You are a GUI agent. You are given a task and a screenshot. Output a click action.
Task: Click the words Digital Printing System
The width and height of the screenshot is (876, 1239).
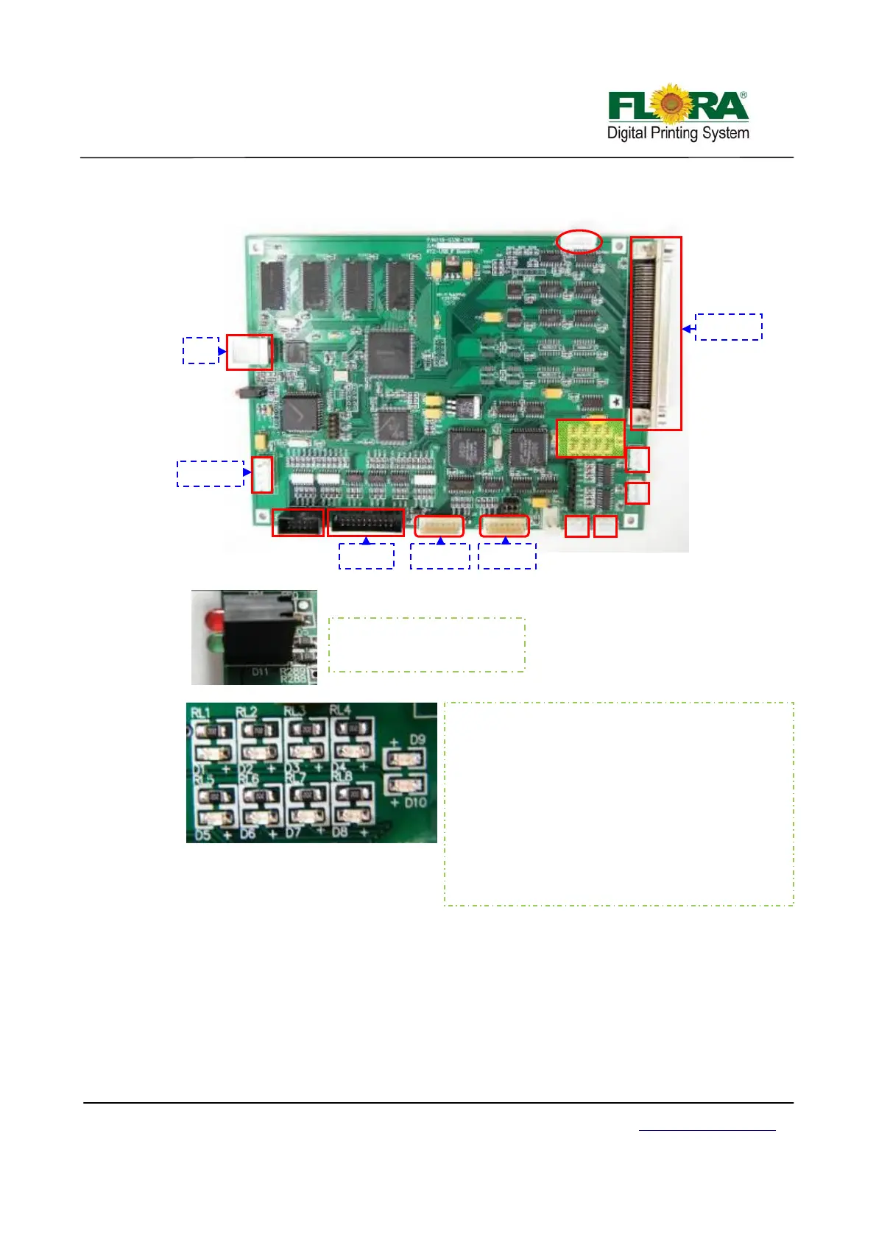[677, 133]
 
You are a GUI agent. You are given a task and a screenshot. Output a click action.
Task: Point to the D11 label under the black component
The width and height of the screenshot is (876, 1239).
[260, 672]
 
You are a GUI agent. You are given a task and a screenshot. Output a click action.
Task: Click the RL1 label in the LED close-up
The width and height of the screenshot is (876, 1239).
[201, 712]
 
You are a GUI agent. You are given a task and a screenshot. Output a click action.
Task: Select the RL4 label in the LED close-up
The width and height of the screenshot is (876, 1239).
[340, 710]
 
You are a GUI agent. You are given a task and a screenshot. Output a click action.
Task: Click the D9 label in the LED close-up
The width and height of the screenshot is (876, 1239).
[417, 739]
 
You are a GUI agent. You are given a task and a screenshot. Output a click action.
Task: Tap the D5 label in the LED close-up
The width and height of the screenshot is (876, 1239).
[202, 834]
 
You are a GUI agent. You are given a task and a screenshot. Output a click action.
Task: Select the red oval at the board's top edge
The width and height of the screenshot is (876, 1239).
[579, 241]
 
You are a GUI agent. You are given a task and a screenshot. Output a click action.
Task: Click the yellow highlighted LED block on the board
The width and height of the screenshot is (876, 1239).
[590, 438]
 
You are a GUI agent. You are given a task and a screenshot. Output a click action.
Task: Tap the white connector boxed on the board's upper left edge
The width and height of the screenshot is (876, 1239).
[249, 352]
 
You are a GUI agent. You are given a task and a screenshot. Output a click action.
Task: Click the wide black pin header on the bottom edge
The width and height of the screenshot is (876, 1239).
[366, 522]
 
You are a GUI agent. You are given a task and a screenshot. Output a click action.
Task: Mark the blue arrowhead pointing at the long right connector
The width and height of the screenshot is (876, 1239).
[686, 329]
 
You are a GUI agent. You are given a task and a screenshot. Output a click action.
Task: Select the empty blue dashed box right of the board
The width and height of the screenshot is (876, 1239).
[728, 327]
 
